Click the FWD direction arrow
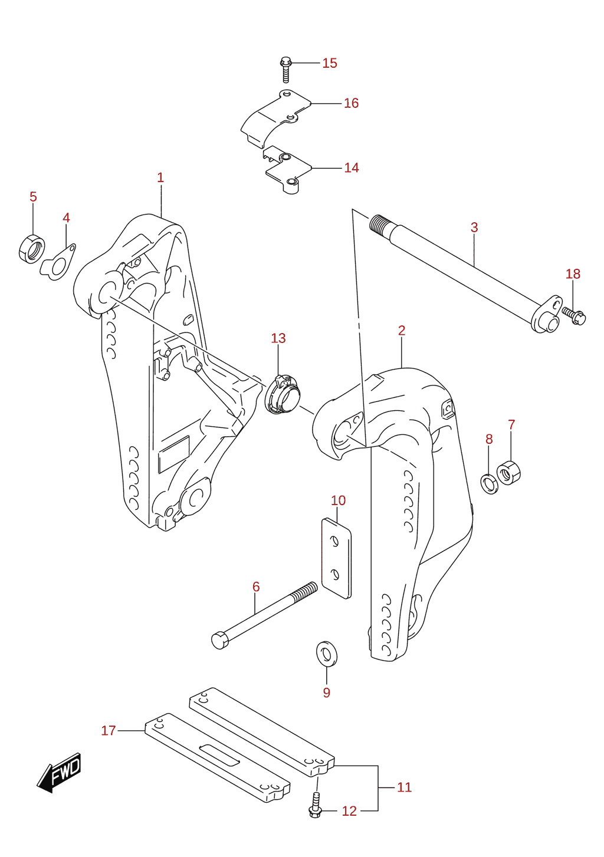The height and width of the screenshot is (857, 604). coord(58,773)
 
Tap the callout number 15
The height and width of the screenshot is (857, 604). coord(329,63)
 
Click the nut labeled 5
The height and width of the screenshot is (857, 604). coord(31,249)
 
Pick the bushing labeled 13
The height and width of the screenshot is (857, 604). coord(283,394)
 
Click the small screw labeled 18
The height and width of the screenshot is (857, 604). coord(574,315)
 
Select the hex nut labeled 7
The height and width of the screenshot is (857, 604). coord(508,473)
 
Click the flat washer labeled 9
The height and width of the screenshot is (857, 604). coord(327,654)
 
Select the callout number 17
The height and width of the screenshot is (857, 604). coord(109,730)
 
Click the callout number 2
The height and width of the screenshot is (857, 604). coord(402,331)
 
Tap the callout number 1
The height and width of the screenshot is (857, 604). coord(160,177)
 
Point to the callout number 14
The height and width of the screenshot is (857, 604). coord(352,168)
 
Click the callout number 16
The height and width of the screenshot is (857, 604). coord(351,103)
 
